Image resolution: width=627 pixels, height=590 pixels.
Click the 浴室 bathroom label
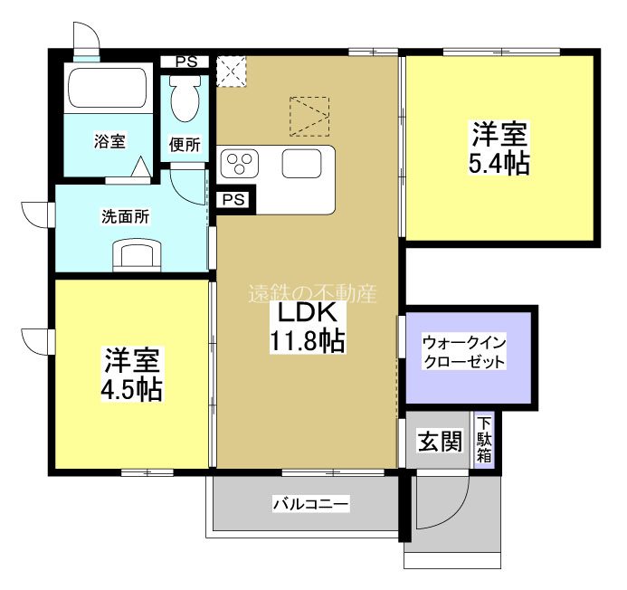(110, 140)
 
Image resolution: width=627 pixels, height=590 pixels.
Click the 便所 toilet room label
(186, 145)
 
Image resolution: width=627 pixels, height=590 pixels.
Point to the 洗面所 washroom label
(125, 217)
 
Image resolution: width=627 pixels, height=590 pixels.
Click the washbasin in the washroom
(136, 254)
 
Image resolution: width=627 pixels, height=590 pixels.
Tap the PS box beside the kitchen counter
(233, 199)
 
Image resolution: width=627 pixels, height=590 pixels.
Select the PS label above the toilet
(186, 62)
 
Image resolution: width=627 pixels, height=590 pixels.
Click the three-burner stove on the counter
(241, 164)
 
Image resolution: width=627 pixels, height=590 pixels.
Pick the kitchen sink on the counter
(302, 164)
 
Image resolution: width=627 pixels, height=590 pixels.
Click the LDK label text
(307, 314)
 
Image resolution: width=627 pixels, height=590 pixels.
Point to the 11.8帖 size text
(307, 343)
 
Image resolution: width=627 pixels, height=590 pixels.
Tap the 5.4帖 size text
(499, 164)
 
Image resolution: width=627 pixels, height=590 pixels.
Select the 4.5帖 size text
(132, 389)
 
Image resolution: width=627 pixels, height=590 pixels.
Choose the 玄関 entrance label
(440, 442)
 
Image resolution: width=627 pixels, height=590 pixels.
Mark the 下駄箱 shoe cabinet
(485, 440)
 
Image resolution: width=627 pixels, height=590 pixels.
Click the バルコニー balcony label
(310, 504)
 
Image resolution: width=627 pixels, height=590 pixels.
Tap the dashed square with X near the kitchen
(231, 71)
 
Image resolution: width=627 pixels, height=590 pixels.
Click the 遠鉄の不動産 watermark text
(312, 293)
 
